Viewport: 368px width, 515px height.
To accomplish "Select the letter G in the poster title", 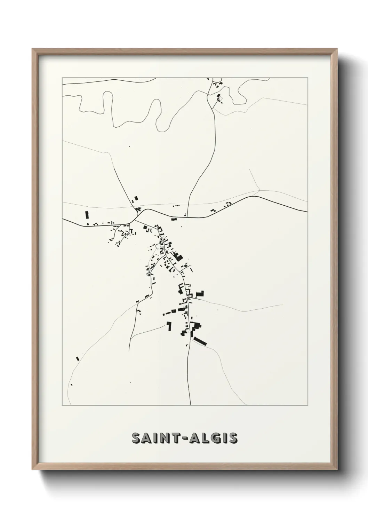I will coord(216,438).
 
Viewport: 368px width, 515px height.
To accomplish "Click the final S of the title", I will coord(233,438).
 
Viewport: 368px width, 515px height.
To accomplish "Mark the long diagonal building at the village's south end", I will coord(200,341).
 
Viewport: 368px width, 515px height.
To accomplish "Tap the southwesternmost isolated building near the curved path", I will coord(71,385).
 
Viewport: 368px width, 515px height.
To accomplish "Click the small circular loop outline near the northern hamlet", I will coord(219,98).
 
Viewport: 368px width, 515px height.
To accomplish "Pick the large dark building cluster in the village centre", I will coord(178,258).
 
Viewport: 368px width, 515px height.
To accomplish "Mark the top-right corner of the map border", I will coord(307,78).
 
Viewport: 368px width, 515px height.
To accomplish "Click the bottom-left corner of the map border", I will coord(62,405).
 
